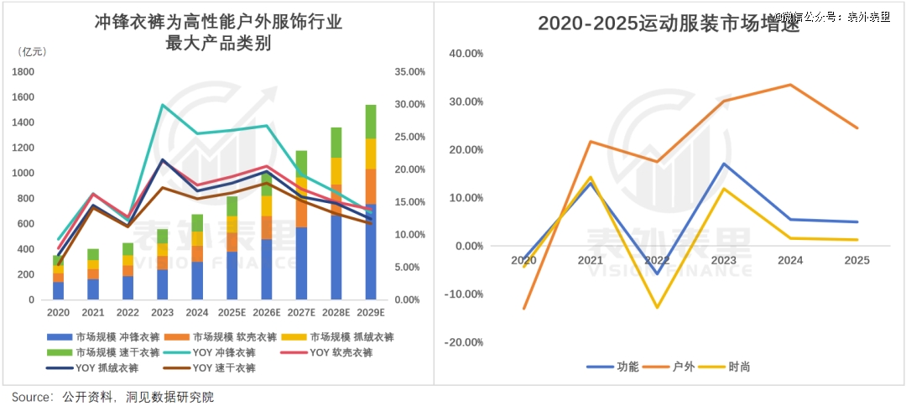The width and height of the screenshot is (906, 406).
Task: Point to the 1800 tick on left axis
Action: click(22, 72)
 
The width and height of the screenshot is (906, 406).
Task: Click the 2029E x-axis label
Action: click(370, 313)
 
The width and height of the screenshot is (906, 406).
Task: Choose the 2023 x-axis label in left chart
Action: click(162, 313)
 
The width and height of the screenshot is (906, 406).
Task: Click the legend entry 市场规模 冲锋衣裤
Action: click(96, 337)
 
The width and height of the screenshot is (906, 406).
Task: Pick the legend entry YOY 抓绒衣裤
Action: click(96, 367)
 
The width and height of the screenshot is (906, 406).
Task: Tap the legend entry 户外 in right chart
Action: click(676, 367)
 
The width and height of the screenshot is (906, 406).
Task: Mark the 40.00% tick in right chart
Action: click(466, 54)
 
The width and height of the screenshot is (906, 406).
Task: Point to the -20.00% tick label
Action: click(465, 342)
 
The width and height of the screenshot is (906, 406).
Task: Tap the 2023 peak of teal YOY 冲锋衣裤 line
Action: click(162, 105)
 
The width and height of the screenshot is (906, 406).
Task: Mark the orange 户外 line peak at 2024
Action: click(789, 85)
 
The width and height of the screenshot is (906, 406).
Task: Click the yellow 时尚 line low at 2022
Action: click(658, 308)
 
